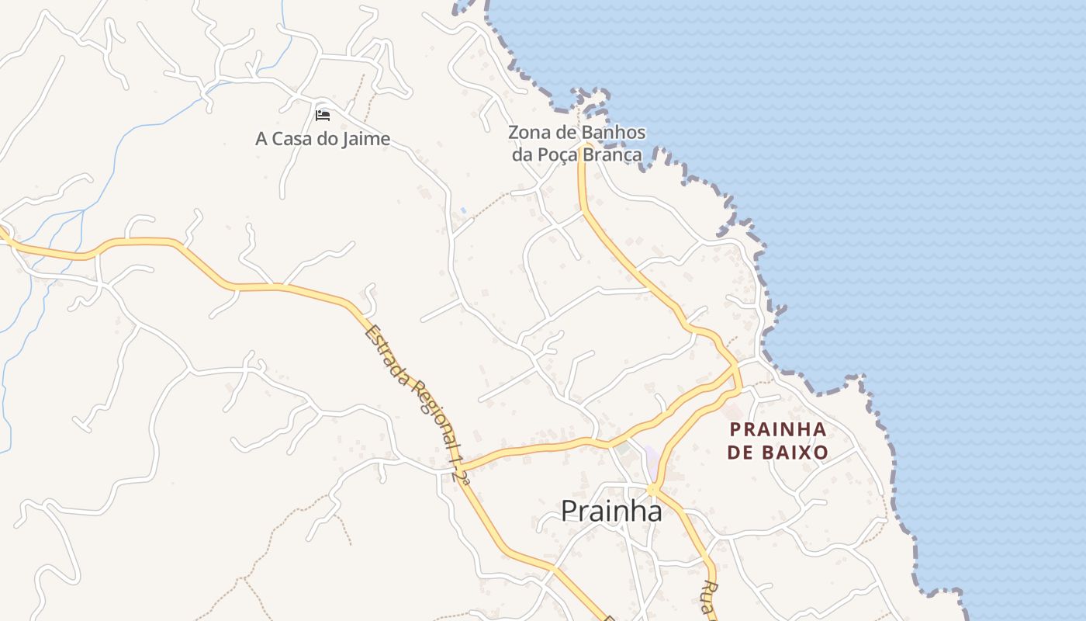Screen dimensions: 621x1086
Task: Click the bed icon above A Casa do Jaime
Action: [x=323, y=116]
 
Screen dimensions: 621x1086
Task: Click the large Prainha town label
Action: [x=611, y=511]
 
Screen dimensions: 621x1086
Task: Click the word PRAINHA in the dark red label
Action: [x=778, y=429]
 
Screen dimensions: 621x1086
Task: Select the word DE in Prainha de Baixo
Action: [x=741, y=452]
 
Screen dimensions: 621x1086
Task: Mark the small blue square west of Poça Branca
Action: [x=463, y=210]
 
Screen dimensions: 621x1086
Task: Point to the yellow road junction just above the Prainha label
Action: [x=652, y=489]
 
